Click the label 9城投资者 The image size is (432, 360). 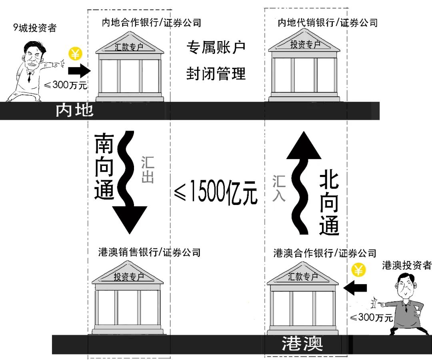tap(35, 28)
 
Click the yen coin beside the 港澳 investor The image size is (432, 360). tap(359, 270)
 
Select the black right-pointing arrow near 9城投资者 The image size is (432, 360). tap(79, 71)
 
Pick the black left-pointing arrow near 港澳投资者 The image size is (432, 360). tap(356, 287)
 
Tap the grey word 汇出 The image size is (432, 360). tap(147, 169)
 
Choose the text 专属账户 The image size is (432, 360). tap(216, 48)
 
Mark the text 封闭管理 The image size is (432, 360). tap(216, 74)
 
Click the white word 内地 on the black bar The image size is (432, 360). tap(74, 110)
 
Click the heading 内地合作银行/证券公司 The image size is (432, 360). tap(151, 23)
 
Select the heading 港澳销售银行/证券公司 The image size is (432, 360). tap(149, 252)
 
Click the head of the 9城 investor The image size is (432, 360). tap(33, 56)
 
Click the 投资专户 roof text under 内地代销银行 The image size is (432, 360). tap(305, 44)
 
